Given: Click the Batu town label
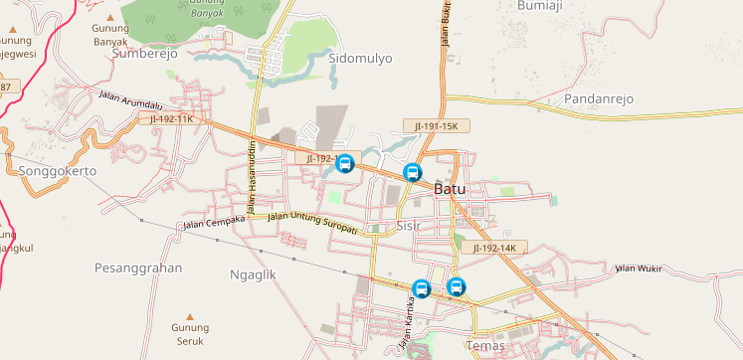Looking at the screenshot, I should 451,189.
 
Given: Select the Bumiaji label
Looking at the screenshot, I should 541,5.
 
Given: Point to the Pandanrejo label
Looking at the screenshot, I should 599,98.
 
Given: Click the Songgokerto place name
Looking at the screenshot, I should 57,171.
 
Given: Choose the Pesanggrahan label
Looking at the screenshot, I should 138,269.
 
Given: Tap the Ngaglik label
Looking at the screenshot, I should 252,273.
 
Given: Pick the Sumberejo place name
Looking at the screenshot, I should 145,55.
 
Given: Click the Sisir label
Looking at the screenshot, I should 410,226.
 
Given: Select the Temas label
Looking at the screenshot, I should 485,346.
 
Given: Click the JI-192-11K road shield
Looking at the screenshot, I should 172,119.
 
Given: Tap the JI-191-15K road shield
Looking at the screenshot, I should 436,126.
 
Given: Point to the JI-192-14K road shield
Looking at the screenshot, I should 494,248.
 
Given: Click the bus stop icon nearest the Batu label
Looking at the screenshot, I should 412,172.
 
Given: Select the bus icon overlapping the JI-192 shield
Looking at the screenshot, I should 345,163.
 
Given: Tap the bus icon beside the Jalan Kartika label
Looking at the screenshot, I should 421,289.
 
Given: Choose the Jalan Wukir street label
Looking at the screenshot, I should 639,268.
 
